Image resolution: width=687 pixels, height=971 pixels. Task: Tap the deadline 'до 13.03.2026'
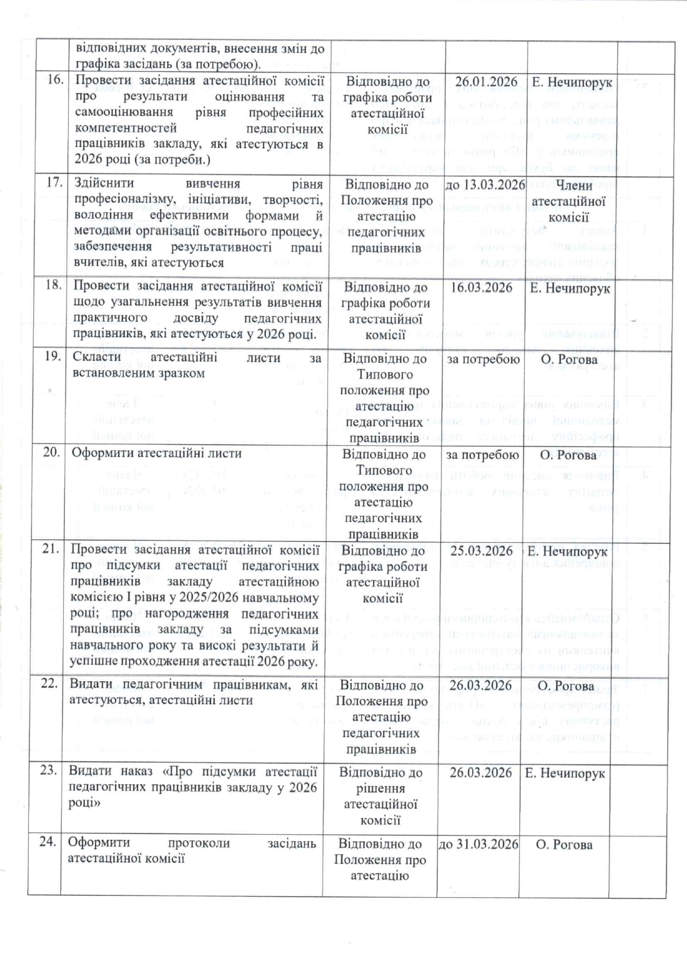tap(485, 184)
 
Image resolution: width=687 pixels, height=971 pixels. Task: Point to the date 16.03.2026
tap(481, 287)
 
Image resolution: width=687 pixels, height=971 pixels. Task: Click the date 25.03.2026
tap(481, 551)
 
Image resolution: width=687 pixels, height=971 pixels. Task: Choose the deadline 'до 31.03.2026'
tap(479, 844)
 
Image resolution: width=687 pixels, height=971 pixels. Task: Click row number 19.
tap(52, 356)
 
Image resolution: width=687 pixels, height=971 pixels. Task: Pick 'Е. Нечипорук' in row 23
tap(565, 773)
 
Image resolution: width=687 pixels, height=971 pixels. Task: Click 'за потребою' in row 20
tap(483, 455)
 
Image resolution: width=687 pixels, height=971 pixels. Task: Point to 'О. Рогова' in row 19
tap(569, 359)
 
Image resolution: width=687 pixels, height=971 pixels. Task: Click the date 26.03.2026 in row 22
tap(481, 685)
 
